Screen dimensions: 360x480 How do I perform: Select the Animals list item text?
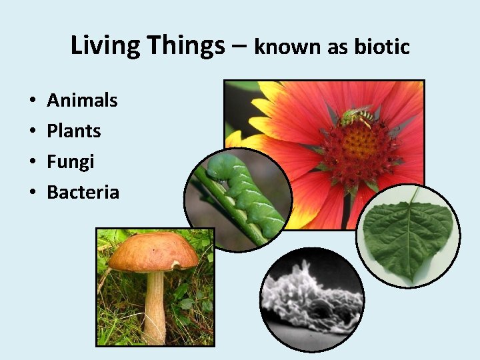click(82, 101)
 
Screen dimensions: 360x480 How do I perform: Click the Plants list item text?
click(73, 131)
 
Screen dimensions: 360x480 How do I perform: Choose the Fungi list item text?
click(70, 162)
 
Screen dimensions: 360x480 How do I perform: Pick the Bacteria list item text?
click(83, 193)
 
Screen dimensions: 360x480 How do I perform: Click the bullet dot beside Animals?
click(32, 101)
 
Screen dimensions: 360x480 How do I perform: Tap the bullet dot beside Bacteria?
click(32, 193)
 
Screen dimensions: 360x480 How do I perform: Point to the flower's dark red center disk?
click(360, 149)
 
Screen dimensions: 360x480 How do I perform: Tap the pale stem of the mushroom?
click(155, 307)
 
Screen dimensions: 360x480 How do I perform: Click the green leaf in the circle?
click(407, 237)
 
